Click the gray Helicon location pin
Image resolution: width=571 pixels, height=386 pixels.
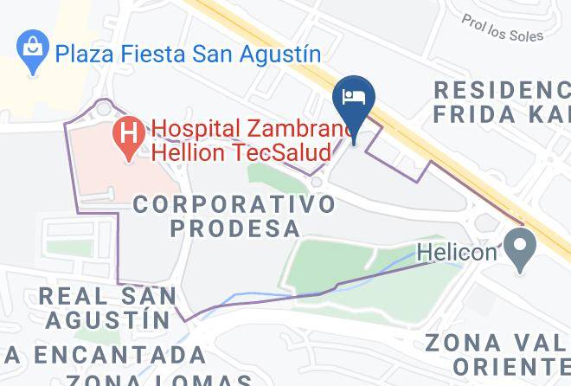tap(519, 248)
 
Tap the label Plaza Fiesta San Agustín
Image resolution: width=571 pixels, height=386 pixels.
tap(188, 55)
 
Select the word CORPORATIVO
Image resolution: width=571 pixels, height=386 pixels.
tap(235, 204)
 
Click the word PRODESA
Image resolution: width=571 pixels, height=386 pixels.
tap(235, 228)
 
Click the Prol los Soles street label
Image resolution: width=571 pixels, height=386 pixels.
tap(502, 29)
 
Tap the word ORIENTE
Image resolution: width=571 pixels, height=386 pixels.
tap(519, 366)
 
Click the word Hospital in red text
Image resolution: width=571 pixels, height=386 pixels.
tap(195, 129)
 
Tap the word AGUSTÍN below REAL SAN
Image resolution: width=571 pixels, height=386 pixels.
tap(106, 319)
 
